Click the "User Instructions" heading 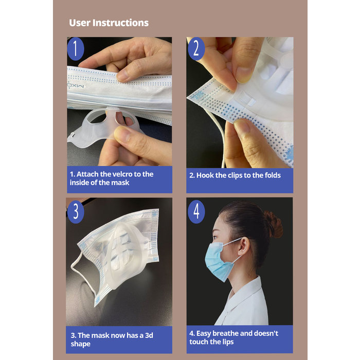(x=109, y=23)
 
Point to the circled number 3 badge (x=76, y=210)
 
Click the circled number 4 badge (x=196, y=210)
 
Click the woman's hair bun (x=273, y=224)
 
